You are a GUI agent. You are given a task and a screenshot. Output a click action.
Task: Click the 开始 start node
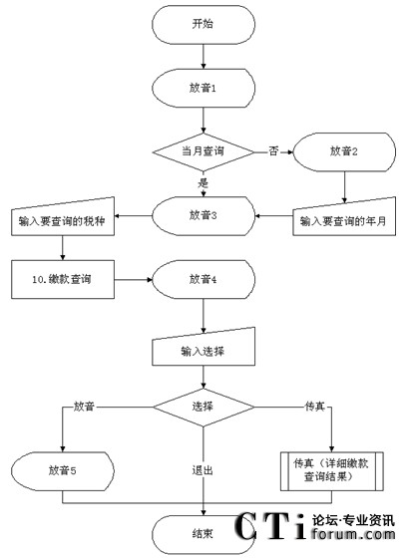(204, 24)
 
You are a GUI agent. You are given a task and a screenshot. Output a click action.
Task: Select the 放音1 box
(204, 88)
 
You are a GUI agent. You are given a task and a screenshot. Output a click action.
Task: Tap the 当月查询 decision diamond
(204, 152)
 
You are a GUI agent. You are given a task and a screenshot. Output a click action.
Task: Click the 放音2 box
(344, 152)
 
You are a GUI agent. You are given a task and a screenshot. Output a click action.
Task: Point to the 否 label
(273, 151)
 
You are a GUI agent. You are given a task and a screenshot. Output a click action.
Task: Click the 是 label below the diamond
(203, 183)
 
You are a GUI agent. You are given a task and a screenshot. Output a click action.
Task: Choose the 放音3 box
(204, 215)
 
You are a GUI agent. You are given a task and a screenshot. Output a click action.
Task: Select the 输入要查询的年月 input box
(344, 218)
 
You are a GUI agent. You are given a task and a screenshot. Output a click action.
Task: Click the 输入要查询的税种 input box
(63, 218)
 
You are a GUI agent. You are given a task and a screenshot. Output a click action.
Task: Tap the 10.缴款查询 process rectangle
(63, 279)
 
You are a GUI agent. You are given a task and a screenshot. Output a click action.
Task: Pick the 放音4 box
(204, 279)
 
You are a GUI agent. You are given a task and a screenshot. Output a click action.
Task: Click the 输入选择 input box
(204, 348)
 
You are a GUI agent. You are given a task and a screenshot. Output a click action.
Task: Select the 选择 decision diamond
(204, 408)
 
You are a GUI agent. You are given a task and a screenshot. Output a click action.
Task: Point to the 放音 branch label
(84, 407)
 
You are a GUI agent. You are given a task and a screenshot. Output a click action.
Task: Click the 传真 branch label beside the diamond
(314, 407)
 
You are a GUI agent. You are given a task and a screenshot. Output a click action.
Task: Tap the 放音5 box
(63, 471)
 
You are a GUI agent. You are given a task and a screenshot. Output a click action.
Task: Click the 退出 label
(203, 470)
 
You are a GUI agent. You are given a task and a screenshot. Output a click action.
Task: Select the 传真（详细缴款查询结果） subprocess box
(332, 471)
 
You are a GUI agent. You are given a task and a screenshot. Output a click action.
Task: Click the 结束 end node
(203, 534)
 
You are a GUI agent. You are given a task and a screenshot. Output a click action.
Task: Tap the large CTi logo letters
(270, 526)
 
